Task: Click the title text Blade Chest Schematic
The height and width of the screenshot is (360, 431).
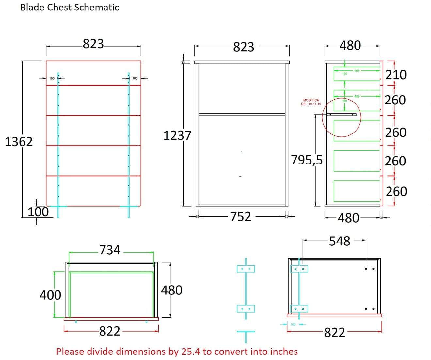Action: (x=70, y=7)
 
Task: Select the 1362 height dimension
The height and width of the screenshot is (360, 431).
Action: (x=19, y=142)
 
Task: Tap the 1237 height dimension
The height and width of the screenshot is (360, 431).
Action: (x=177, y=135)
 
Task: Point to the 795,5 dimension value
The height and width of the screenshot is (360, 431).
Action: (x=307, y=160)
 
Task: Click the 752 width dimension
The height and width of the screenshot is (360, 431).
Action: (x=241, y=216)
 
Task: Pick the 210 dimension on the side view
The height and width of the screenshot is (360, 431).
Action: (x=396, y=75)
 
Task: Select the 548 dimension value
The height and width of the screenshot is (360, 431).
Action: (x=340, y=241)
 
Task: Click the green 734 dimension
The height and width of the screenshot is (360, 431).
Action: (x=110, y=250)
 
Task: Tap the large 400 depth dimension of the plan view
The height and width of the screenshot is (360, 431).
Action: (x=50, y=295)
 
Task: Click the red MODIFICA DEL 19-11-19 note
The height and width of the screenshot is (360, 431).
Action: (x=311, y=102)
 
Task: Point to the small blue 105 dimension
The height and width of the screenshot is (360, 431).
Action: (x=293, y=324)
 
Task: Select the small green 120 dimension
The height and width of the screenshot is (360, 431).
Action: (x=344, y=74)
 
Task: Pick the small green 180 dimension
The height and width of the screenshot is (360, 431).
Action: (x=344, y=101)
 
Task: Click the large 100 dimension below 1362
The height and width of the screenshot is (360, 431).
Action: (x=38, y=212)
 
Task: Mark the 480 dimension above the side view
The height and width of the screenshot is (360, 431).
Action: (x=350, y=45)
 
